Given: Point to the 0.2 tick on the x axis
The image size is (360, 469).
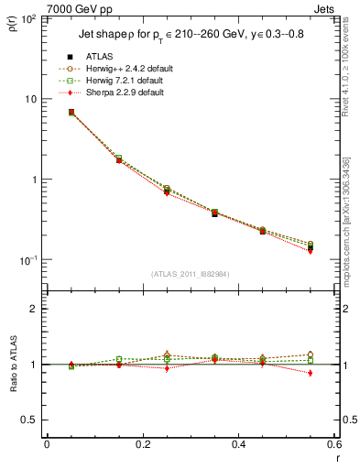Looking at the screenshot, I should [142, 444].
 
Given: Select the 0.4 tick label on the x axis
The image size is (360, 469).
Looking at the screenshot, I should [239, 444].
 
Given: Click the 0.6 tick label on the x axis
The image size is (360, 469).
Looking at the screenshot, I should [334, 444].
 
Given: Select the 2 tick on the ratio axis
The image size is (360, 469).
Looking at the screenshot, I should [33, 309].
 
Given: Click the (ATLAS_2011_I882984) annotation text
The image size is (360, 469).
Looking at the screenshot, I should [190, 275].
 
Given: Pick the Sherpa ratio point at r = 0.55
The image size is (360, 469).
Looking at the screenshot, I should [311, 373].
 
